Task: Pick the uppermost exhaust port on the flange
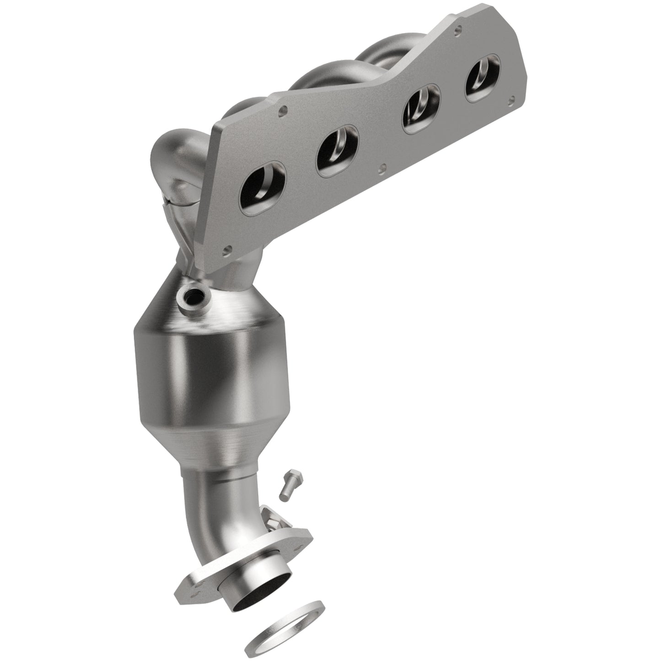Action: (483, 74)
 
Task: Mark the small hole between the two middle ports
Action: (383, 168)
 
